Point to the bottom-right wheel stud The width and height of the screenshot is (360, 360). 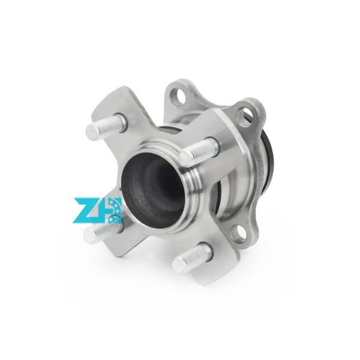(x=192, y=257)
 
